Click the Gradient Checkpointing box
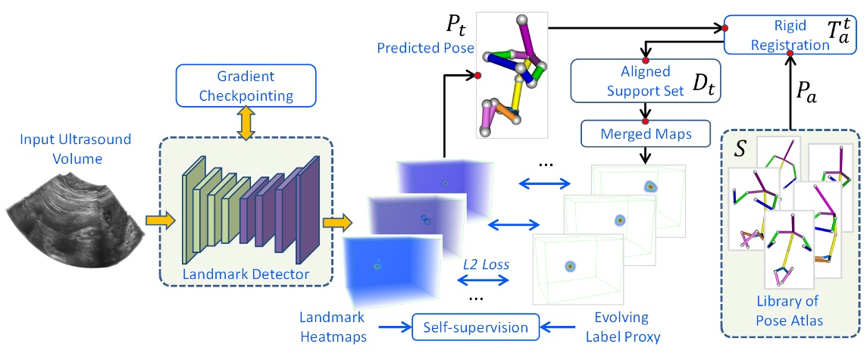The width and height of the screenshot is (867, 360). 246,85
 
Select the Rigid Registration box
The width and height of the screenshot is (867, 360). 789,34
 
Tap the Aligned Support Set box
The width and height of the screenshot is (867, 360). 645,80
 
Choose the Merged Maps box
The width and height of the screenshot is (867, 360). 645,134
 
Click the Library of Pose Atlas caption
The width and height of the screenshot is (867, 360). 789,310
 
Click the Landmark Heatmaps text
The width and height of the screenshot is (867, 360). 333,327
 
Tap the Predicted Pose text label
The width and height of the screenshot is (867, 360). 426,48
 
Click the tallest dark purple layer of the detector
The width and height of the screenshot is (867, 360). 308,211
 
